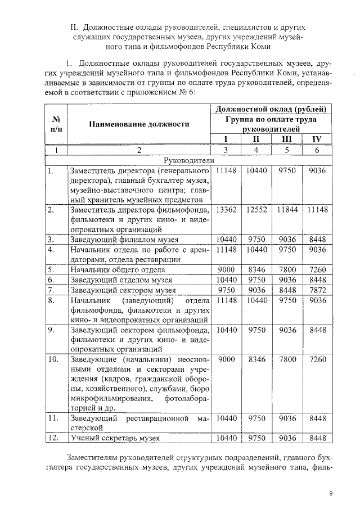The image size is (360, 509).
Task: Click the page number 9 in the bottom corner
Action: [331, 493]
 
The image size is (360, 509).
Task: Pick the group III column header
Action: [287, 139]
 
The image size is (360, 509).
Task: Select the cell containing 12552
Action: [256, 209]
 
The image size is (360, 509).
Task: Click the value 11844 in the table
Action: [287, 209]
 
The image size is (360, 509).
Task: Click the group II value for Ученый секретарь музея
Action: [256, 438]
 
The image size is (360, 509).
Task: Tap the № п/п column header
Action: [56, 124]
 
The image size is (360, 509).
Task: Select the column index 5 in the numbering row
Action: [287, 150]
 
